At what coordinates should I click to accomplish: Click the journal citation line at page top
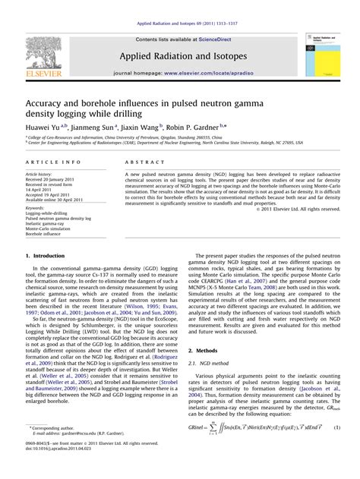click(x=179, y=7)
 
